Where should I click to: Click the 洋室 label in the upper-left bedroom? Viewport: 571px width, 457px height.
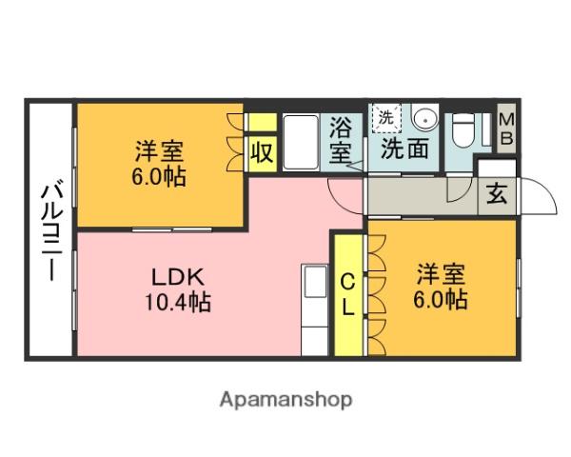pos(159,150)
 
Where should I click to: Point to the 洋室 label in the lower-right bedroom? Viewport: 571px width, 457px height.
pos(440,274)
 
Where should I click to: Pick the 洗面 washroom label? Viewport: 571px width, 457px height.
pos(404,149)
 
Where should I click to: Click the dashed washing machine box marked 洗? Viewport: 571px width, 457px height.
pos(385,119)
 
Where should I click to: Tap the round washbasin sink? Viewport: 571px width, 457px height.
pos(424,121)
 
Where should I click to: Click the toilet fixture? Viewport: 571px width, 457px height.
pos(463,128)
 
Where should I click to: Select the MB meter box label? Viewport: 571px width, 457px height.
pos(507,129)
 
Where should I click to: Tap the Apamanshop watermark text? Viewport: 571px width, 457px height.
pos(286,400)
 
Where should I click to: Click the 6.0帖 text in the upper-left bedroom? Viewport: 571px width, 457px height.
pos(159,176)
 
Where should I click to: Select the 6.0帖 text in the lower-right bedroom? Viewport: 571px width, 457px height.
pos(440,300)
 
